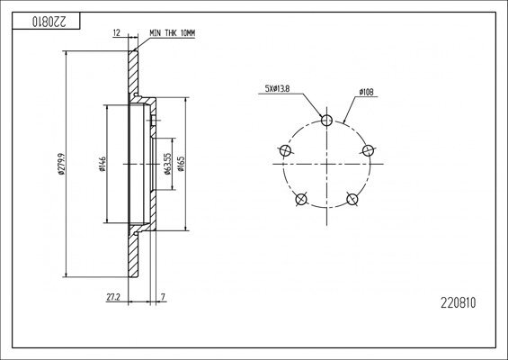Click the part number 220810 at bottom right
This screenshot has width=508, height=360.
point(458,303)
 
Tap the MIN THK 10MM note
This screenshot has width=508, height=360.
point(171,32)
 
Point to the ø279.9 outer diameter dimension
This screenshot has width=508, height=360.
point(60,162)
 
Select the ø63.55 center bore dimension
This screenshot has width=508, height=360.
point(168,164)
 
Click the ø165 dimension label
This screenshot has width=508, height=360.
point(181,164)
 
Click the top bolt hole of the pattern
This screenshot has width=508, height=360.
point(325,120)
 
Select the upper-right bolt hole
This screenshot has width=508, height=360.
point(366,149)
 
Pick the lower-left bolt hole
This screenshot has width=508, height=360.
point(300,198)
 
